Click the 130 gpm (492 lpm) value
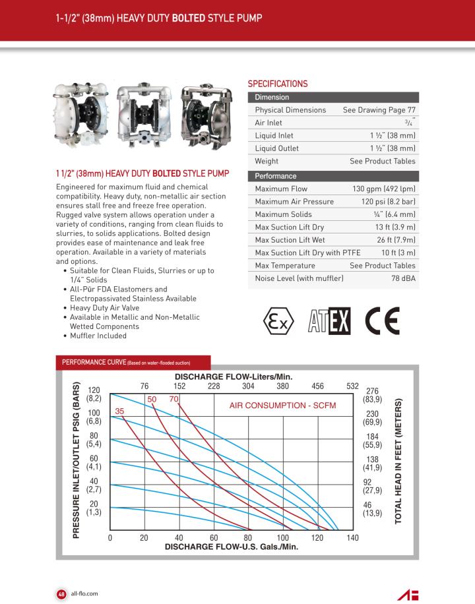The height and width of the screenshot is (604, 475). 383,189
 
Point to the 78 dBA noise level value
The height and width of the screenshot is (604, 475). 403,279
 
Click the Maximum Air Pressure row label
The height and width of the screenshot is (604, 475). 294,202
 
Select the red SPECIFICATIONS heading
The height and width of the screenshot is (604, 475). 277,84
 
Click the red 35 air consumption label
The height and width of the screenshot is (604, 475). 120,411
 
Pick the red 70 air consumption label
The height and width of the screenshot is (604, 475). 174,399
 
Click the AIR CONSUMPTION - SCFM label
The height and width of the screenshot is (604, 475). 282,405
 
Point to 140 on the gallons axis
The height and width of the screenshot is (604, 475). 352,538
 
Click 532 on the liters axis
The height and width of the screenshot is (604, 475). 352,386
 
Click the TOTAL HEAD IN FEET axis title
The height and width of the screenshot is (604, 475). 398,461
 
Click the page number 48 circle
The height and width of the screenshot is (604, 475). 61,593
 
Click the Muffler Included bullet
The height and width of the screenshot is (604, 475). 98,336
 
